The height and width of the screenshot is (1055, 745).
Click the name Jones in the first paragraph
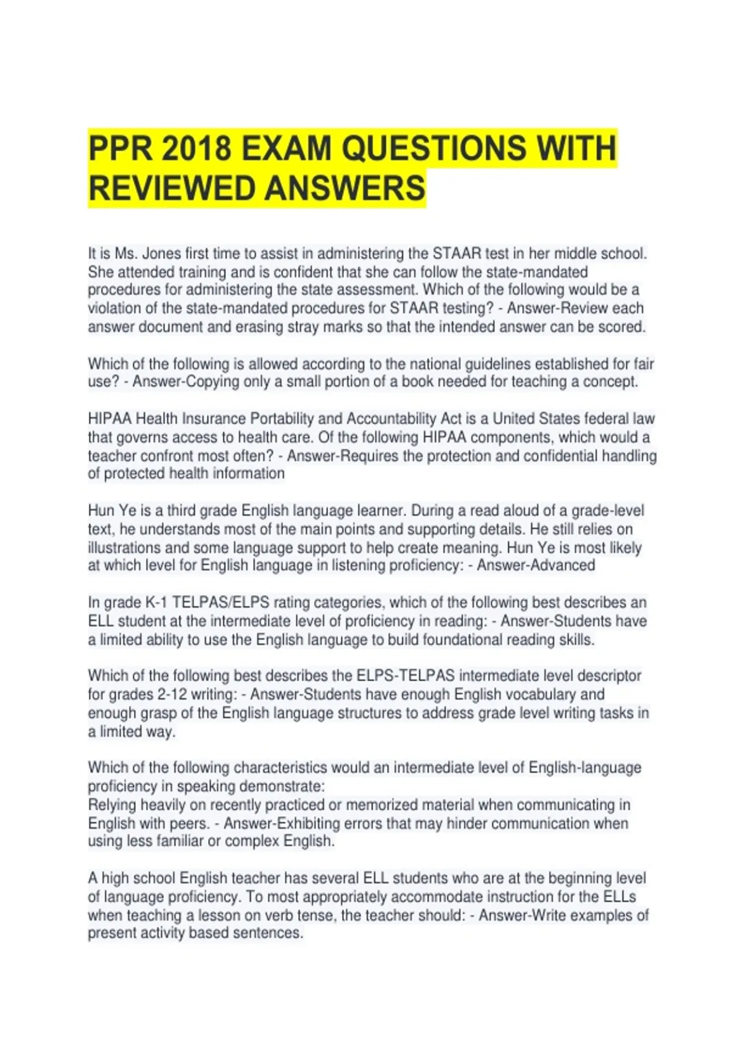point(156,254)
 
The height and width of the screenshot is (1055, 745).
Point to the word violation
point(114,308)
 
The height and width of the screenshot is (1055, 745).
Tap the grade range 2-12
point(168,694)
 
